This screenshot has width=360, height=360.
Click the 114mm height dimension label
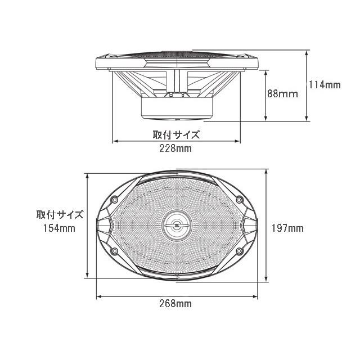tap(325, 85)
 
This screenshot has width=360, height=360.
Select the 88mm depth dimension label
tap(282, 94)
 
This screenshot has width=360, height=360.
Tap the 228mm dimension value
tap(175, 149)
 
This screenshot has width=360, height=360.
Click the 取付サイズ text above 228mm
tap(176, 135)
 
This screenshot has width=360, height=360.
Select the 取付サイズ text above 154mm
tap(60, 214)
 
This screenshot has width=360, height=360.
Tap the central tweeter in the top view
tap(177, 226)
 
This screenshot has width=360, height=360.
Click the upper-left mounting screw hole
tap(114, 200)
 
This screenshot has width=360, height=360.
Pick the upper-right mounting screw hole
tap(240, 200)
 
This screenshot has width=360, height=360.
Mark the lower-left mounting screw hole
tap(114, 251)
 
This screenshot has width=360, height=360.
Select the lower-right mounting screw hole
tap(240, 251)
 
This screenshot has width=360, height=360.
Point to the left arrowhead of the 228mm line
tap(116, 142)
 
